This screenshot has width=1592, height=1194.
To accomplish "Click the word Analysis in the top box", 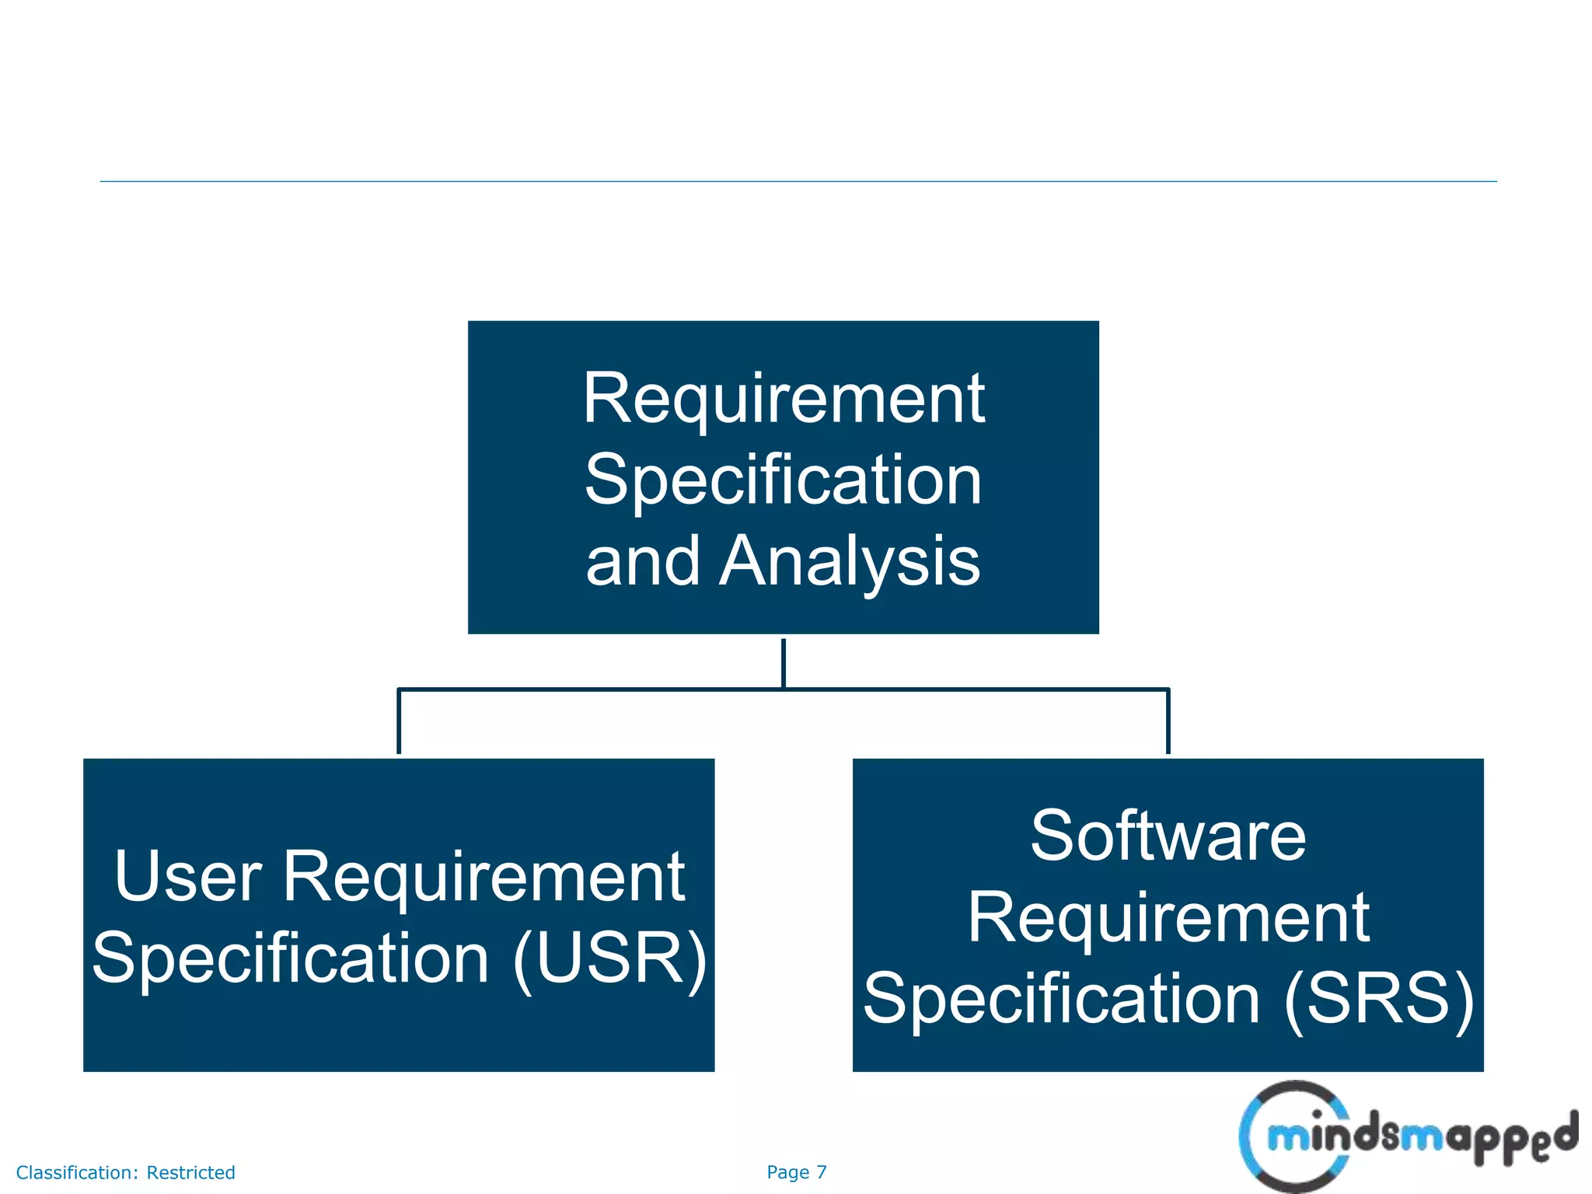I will (x=849, y=561).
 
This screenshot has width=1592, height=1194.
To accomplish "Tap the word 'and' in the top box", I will (x=642, y=561).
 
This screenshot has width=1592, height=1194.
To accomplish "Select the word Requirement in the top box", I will (x=784, y=398).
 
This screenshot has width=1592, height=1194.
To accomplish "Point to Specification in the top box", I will (x=784, y=480).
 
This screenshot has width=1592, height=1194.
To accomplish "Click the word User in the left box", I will (x=188, y=876).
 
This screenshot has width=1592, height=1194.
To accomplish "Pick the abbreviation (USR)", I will (x=609, y=958).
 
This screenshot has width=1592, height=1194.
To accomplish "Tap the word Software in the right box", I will (x=1168, y=836).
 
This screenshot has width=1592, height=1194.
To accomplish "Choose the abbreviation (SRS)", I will (x=1379, y=998).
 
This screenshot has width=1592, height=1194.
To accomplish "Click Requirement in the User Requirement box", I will (x=484, y=876).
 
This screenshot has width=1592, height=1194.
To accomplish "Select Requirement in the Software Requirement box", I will (x=1168, y=917).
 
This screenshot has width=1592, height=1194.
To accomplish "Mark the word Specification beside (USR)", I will (x=291, y=958).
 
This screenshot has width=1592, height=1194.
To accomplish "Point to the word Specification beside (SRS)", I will (x=1062, y=998).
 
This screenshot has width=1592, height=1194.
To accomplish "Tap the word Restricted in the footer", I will (x=190, y=1172).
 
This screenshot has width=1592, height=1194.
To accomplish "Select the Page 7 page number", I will (x=796, y=1172).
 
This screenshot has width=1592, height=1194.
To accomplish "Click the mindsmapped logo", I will (x=1407, y=1136).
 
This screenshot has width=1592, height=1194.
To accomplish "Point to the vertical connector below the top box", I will (x=784, y=662).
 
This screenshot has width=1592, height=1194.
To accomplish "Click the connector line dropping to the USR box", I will (x=399, y=721).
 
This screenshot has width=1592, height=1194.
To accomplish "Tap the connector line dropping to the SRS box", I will (x=1168, y=721).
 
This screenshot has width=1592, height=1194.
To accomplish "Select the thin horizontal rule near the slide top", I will (x=798, y=182).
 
